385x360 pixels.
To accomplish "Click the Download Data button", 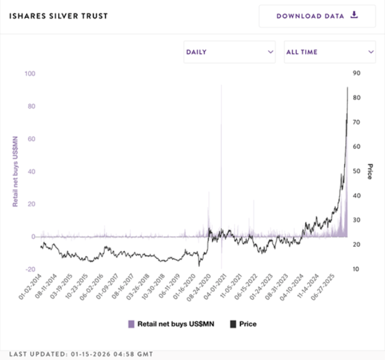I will click(x=317, y=16).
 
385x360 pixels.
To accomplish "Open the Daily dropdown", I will click(x=230, y=52).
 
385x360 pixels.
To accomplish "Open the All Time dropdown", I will click(x=330, y=52).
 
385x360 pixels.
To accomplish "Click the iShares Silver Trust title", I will click(x=59, y=16).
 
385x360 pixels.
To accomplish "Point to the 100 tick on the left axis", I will click(x=30, y=74).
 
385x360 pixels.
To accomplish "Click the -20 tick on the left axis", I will click(x=30, y=269).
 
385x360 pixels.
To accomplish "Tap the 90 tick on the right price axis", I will click(x=357, y=73).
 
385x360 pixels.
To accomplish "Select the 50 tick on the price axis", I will click(x=357, y=171).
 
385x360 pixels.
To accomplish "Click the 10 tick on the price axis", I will click(x=357, y=269).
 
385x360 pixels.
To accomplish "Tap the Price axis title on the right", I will click(x=370, y=172).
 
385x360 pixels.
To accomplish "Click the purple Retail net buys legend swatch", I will click(x=131, y=324).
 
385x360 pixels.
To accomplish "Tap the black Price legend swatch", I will click(x=233, y=324).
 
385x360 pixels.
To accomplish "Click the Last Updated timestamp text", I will click(x=81, y=354).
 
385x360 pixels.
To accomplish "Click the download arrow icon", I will click(x=354, y=15).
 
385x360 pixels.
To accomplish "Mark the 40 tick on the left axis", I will click(x=31, y=172).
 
